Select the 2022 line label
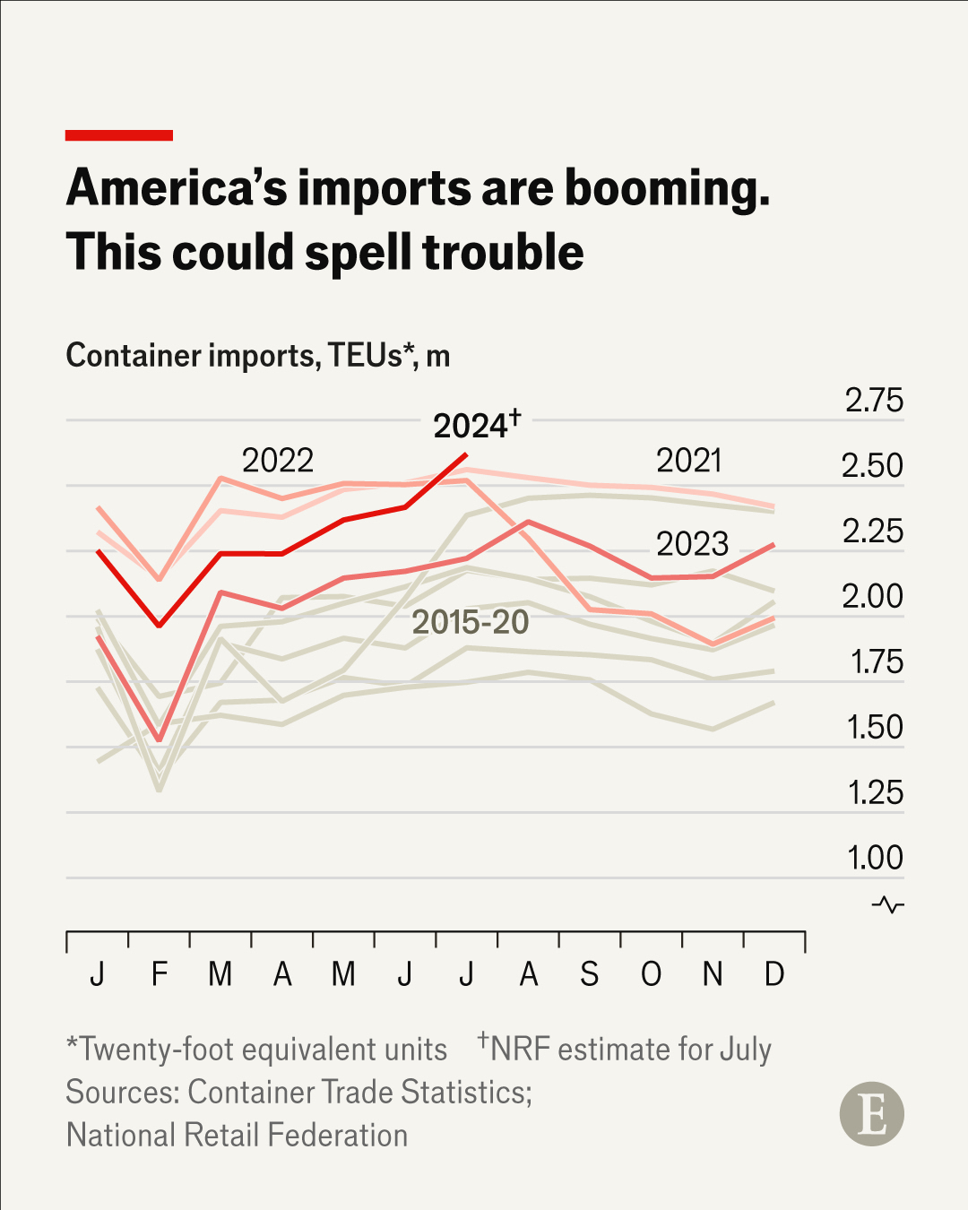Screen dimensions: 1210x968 (x=278, y=461)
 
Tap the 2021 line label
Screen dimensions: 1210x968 (x=688, y=461)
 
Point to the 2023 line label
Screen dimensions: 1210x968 (x=692, y=544)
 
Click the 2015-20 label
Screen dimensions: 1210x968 (x=471, y=622)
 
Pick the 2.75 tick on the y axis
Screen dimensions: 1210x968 (x=874, y=401)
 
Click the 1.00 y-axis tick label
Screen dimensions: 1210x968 (x=875, y=858)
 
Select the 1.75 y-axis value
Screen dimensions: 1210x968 (x=876, y=662)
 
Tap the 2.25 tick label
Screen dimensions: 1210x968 (x=873, y=532)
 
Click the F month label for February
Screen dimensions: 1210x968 (x=160, y=973)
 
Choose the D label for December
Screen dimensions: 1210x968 (x=774, y=973)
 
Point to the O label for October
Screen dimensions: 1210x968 (x=652, y=973)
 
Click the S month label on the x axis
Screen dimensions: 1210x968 (x=589, y=973)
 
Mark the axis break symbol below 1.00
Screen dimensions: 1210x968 (x=888, y=904)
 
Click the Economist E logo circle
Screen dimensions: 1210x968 (x=871, y=1114)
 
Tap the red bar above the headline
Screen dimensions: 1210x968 (x=119, y=135)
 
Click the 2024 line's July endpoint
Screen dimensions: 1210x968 (x=466, y=454)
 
